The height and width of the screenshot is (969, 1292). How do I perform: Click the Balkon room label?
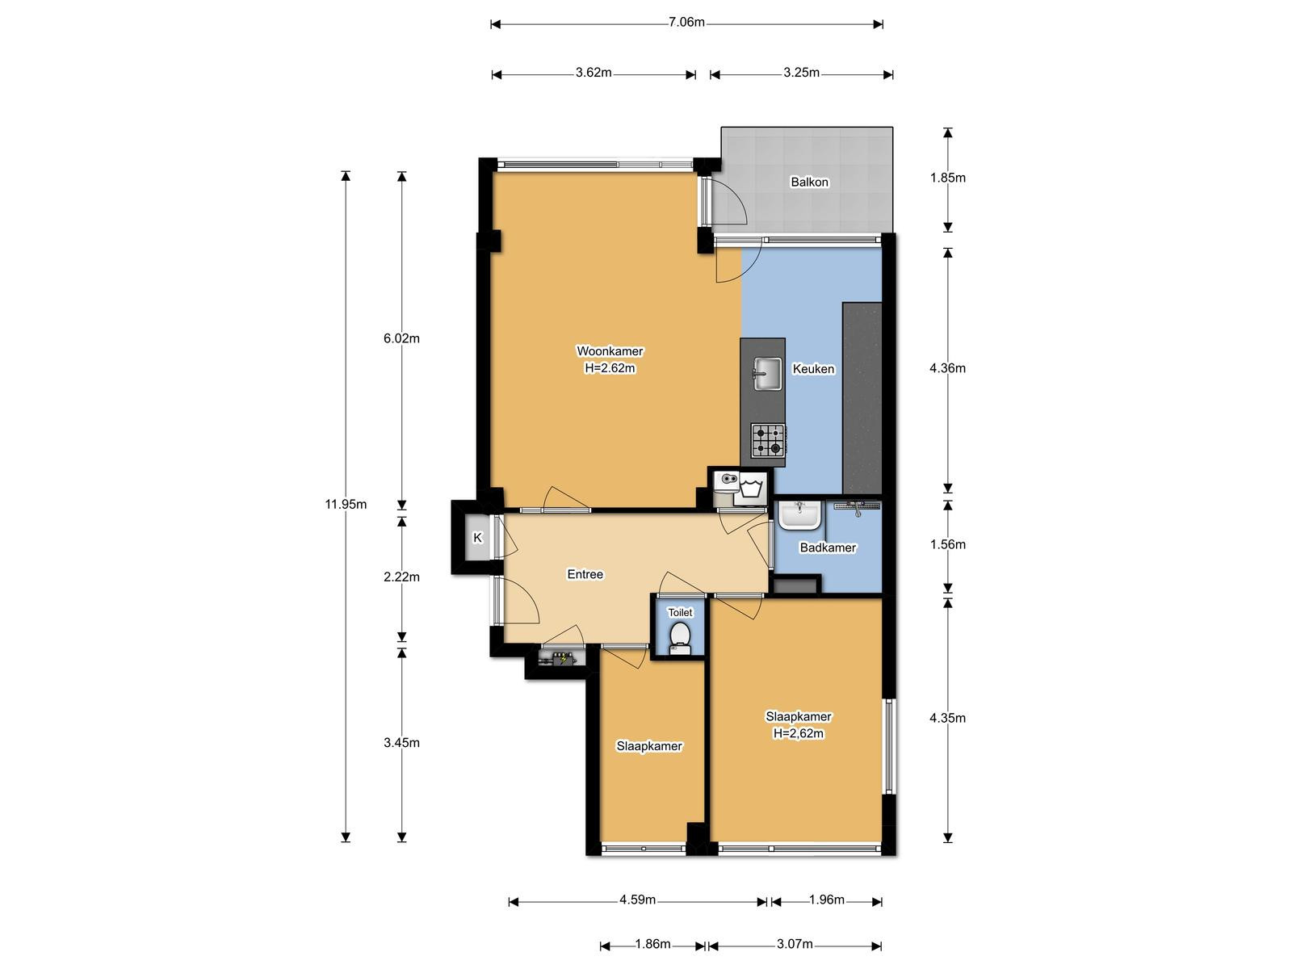[809, 182]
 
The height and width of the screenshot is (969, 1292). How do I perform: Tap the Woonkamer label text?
[609, 351]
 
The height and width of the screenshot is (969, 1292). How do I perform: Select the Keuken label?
[813, 369]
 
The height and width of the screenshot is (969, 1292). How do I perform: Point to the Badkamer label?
[828, 547]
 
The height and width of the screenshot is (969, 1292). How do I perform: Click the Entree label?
[585, 574]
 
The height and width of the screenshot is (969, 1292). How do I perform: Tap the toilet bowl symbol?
[681, 636]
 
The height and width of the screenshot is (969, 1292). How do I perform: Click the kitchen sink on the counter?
[768, 373]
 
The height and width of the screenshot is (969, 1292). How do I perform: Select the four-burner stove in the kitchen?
[768, 441]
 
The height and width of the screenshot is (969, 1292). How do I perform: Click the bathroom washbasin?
[799, 515]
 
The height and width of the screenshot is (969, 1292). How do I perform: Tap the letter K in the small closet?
[478, 537]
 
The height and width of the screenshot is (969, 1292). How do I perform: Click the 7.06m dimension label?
[686, 23]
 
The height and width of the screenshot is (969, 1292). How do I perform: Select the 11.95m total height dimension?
[346, 504]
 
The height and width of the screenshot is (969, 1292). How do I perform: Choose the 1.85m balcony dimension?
[948, 178]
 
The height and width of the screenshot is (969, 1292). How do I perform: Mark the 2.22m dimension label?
[401, 577]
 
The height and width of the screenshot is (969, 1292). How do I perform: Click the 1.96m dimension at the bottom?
[826, 900]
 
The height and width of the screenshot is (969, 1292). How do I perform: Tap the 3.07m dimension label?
[795, 944]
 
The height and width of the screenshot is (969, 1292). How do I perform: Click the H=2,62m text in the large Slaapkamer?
[798, 734]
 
